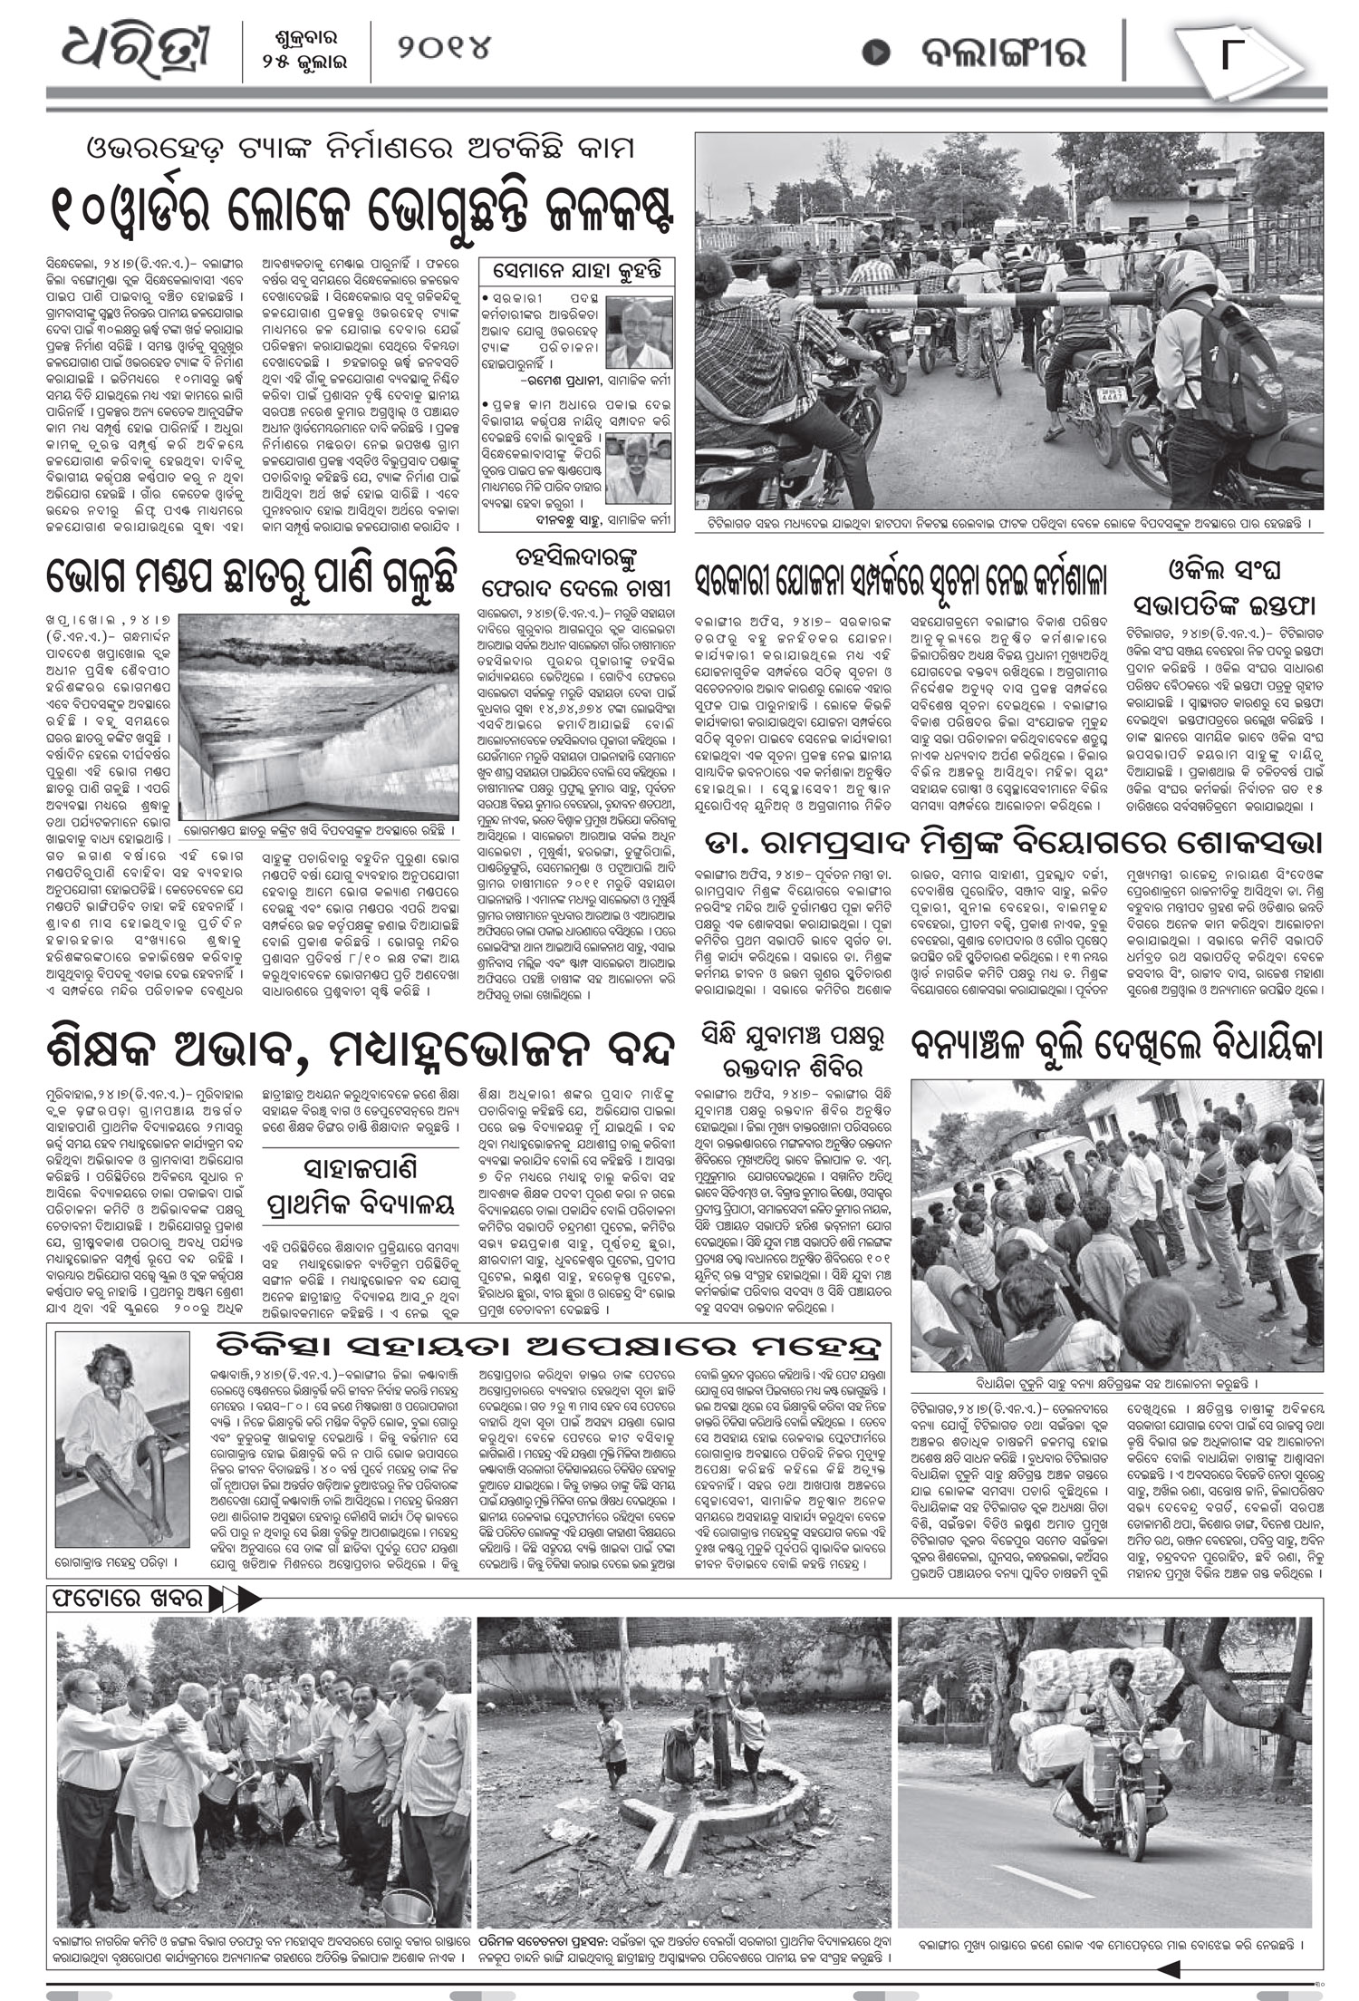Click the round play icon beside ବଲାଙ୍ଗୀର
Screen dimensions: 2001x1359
(874, 53)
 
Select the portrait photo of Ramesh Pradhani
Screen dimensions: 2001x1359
(639, 333)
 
